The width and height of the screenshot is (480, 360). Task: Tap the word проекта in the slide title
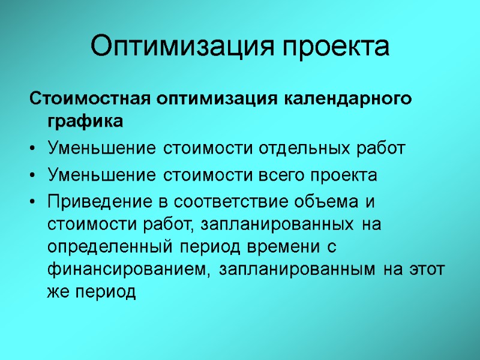337,47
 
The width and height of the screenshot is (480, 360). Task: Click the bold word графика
84,122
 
